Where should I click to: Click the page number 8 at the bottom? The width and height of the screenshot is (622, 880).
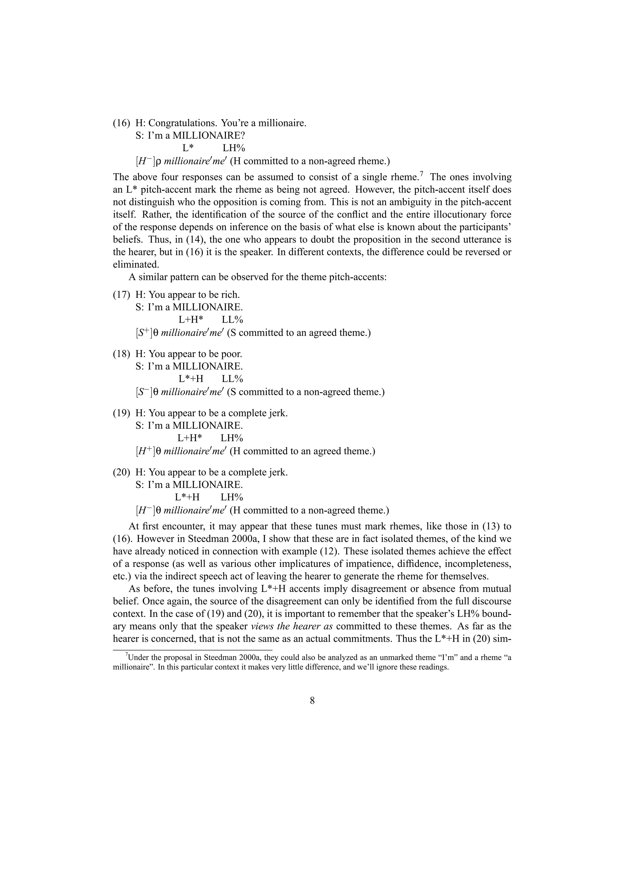tap(312, 701)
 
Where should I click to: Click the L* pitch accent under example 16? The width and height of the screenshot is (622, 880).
tap(188, 148)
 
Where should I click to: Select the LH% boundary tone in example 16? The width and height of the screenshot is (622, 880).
tap(234, 148)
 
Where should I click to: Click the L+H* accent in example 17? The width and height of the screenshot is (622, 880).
tap(191, 320)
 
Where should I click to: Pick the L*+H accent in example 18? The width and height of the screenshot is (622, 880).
tap(191, 379)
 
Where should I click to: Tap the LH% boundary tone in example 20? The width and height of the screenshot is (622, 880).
tap(232, 497)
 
